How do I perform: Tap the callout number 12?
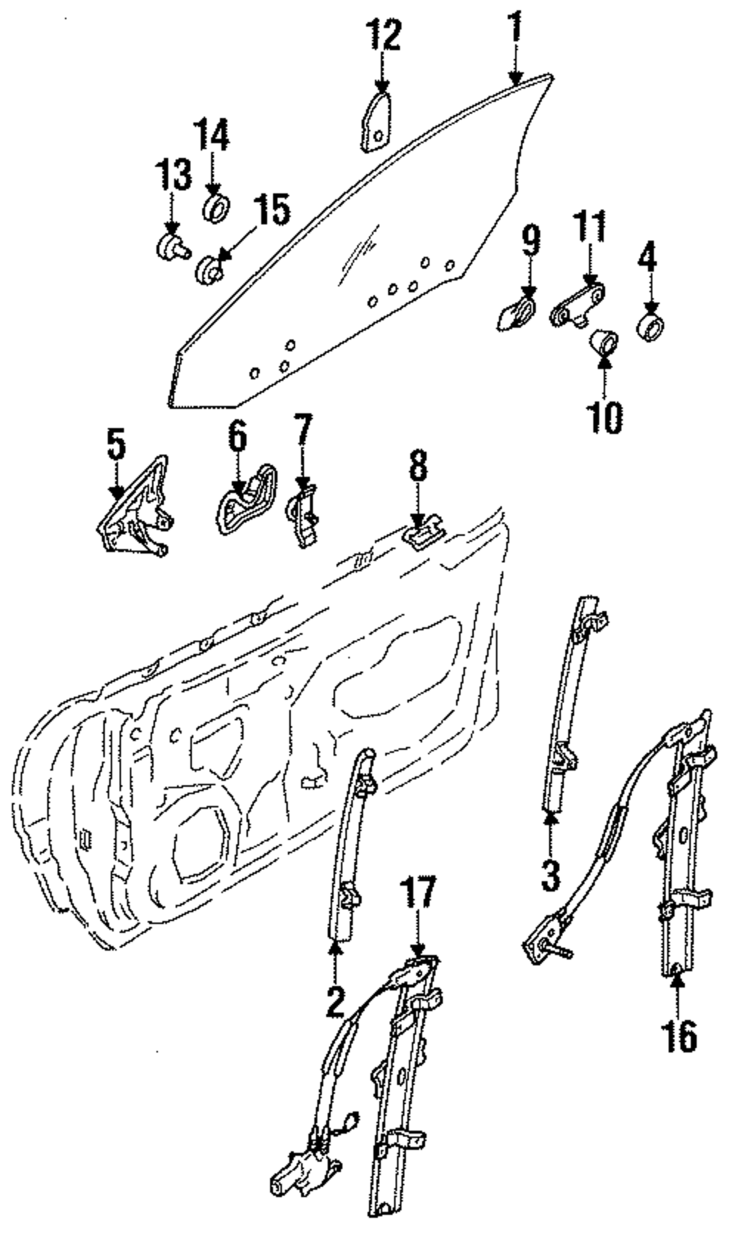pyautogui.click(x=384, y=35)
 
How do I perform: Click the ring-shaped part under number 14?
pyautogui.click(x=217, y=207)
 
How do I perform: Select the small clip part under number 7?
pyautogui.click(x=303, y=514)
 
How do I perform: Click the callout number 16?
pyautogui.click(x=678, y=1036)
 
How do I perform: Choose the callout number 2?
pyautogui.click(x=336, y=1004)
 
